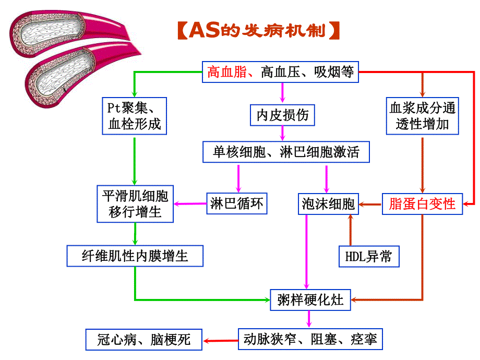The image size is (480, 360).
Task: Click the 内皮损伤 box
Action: (x=282, y=115)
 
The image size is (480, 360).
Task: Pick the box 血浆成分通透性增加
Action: (x=422, y=116)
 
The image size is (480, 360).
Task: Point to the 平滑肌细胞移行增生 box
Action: (x=135, y=204)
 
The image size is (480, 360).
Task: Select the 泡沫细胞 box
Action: (x=328, y=203)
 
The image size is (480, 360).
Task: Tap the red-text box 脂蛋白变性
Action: (x=422, y=203)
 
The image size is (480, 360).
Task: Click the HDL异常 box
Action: (x=369, y=256)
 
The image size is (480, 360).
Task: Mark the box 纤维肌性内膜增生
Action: (x=135, y=256)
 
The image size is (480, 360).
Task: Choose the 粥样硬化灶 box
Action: (x=310, y=300)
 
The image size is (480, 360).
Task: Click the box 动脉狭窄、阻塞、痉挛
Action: (x=310, y=340)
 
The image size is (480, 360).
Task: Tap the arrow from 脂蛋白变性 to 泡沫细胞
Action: (x=370, y=204)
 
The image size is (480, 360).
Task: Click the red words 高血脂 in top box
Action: (x=226, y=72)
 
